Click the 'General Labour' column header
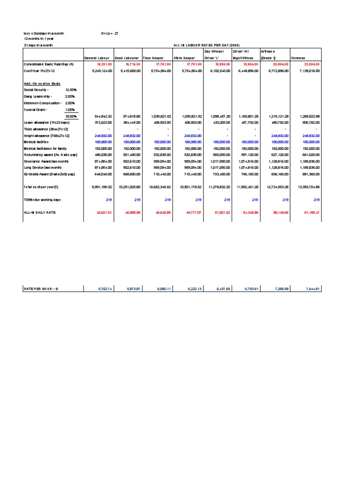[97, 58]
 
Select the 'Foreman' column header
[299, 58]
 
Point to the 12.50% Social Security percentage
[71, 90]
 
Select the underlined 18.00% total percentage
[71, 116]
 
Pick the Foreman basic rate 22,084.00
[311, 63]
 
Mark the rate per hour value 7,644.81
[311, 289]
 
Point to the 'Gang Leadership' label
[39, 96]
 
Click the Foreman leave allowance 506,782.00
[311, 122]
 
